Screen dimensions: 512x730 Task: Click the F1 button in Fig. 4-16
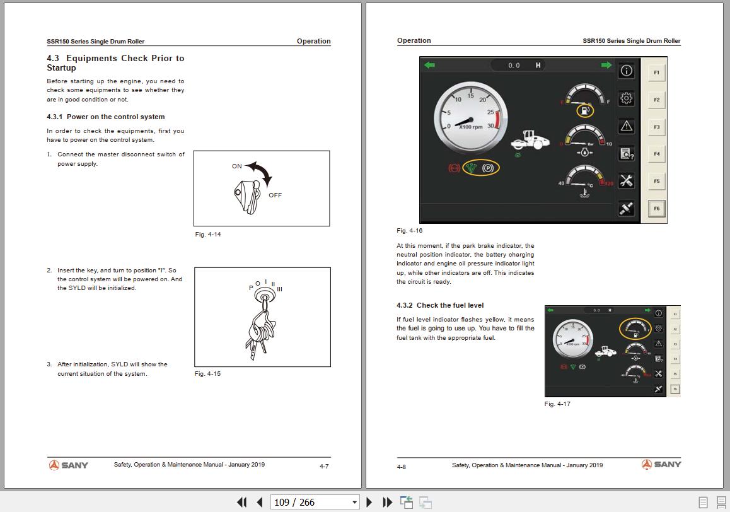click(656, 73)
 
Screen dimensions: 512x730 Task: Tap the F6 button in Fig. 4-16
click(656, 209)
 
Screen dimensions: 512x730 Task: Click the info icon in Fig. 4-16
click(626, 71)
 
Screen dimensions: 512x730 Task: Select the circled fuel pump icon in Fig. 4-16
click(586, 111)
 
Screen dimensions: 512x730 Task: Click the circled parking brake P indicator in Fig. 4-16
click(487, 168)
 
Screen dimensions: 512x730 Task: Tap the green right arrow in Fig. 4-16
click(606, 65)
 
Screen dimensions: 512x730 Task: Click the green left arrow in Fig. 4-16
click(430, 65)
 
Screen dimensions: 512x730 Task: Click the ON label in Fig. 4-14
click(237, 166)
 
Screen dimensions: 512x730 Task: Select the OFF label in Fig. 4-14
click(275, 195)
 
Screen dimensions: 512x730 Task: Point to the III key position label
click(279, 289)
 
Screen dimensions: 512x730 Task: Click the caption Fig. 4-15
click(207, 374)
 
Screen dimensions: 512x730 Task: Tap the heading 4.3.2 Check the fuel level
click(440, 305)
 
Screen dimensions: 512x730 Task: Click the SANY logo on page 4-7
click(69, 465)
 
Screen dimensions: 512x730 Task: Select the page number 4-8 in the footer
click(402, 467)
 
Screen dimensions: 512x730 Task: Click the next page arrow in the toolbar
click(369, 503)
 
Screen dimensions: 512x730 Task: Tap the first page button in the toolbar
click(241, 503)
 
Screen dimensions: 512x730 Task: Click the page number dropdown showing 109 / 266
click(315, 503)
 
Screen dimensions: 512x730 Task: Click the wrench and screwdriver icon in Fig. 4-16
click(626, 181)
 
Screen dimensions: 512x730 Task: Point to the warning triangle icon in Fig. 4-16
click(626, 126)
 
